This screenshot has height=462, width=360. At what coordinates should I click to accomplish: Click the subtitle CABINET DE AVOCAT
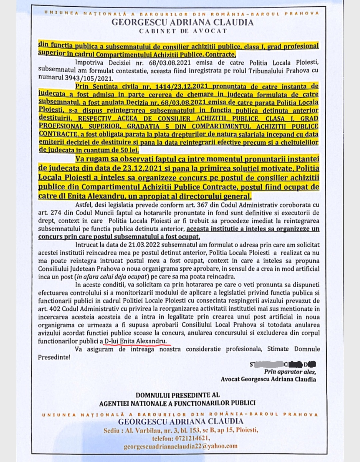[183, 31]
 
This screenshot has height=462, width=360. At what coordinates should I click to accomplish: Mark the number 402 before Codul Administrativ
[55, 309]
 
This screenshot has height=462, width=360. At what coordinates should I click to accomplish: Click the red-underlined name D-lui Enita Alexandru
[135, 341]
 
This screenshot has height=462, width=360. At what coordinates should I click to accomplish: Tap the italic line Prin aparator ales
[290, 372]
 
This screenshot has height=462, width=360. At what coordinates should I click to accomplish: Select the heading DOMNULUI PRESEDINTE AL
[177, 395]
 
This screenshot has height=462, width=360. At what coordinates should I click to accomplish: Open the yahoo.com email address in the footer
[180, 446]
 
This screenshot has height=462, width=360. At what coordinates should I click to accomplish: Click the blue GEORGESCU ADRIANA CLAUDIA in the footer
[180, 422]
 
